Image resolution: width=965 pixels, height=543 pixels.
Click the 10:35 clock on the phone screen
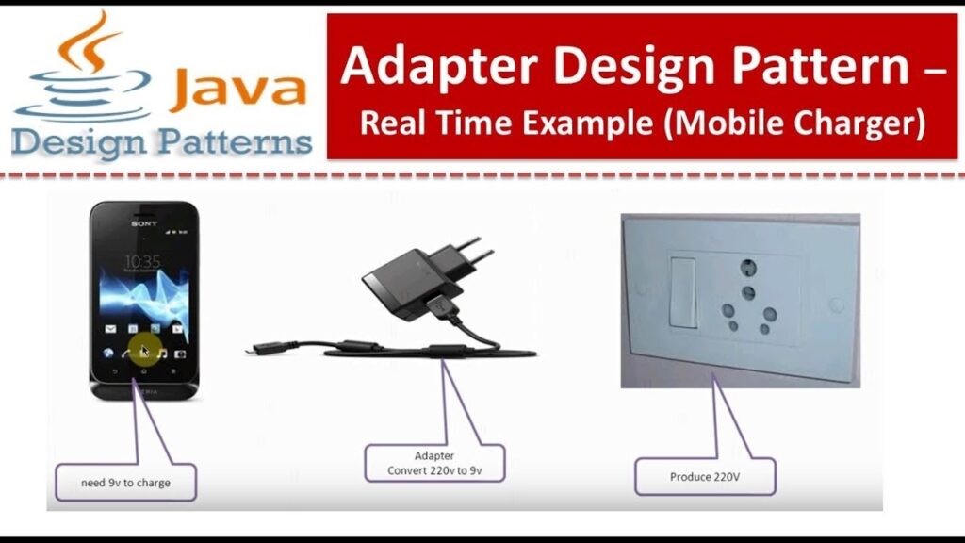(x=142, y=261)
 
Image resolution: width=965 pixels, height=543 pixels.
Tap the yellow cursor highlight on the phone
(x=143, y=350)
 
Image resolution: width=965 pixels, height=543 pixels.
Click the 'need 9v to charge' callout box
(x=125, y=481)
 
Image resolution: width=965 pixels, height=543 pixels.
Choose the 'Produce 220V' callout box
(x=705, y=476)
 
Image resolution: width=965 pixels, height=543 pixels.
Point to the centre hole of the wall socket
(x=748, y=293)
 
